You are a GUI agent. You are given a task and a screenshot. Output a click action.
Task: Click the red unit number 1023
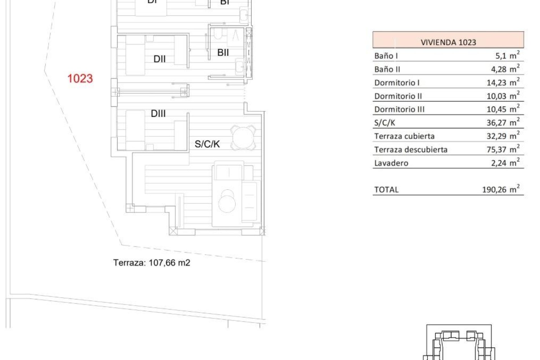pos(80,78)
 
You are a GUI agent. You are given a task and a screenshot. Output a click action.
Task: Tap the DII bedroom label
pos(159,59)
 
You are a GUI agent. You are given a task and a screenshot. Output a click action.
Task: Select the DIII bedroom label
pos(158,114)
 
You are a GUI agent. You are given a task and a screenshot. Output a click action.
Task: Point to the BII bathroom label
pos(223,52)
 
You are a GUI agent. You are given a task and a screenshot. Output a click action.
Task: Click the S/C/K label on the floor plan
pos(207,144)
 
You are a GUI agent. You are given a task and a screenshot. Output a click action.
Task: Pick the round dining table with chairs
pos(243,138)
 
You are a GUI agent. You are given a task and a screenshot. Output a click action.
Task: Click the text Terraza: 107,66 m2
pos(152,263)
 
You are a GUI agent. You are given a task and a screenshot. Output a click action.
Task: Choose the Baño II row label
pos(387,69)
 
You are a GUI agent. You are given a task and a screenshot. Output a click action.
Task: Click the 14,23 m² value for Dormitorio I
pos(503,82)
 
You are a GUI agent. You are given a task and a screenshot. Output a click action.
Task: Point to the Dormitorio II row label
pos(398,96)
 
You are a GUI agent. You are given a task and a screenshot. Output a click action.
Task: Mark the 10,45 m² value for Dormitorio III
pos(503,109)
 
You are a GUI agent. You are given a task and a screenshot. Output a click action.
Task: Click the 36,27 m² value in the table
pos(503,122)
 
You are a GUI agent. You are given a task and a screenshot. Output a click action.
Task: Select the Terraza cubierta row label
pos(404,136)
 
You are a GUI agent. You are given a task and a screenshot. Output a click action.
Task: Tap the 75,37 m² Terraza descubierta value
pos(503,149)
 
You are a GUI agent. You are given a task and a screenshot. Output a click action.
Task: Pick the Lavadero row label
pos(391,163)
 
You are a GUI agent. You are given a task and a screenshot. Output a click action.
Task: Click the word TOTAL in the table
pos(386,190)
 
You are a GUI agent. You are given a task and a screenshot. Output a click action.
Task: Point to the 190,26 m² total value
pos(501,189)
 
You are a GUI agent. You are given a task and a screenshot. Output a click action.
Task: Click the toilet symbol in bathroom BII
pos(217,35)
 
